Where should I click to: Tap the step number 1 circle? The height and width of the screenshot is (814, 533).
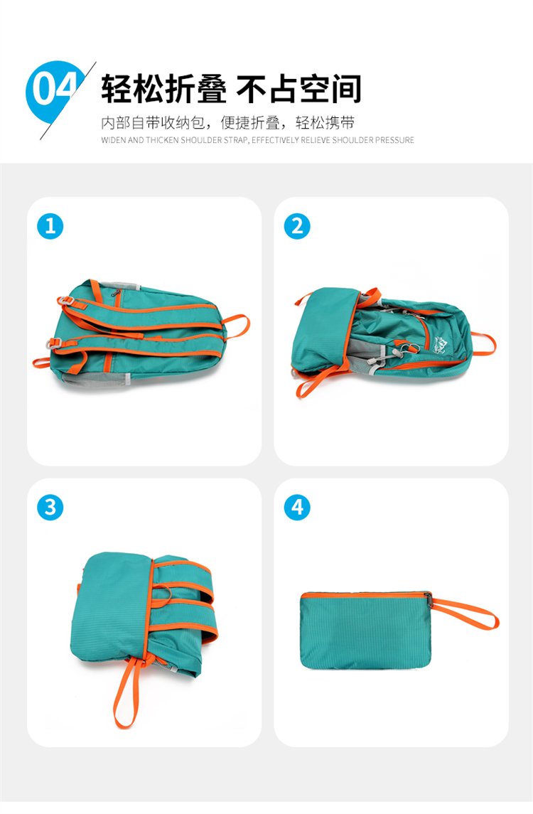click(x=50, y=226)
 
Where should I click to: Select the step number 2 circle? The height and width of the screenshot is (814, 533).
click(x=297, y=226)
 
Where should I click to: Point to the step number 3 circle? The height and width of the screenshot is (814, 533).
click(x=50, y=507)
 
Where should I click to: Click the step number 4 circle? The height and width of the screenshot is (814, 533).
click(x=297, y=507)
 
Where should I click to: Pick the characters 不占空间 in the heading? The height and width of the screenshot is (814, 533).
click(x=299, y=89)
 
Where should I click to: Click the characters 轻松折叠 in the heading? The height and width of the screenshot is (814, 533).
click(x=164, y=89)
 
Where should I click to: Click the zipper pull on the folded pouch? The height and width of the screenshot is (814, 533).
click(x=429, y=599)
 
